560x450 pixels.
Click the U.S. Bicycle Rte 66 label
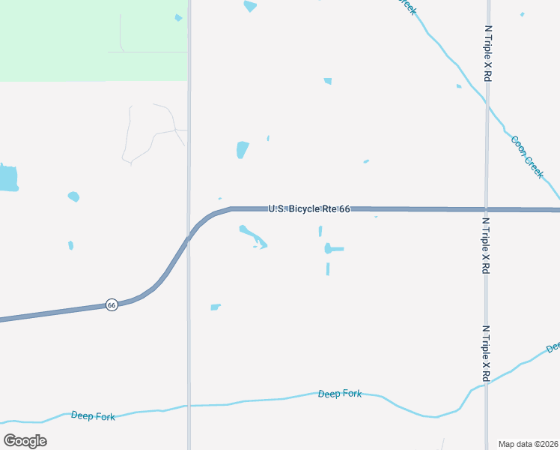tap(309, 208)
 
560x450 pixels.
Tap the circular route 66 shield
tap(112, 304)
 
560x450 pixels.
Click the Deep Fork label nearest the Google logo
tap(93, 415)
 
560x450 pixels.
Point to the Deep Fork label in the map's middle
tap(339, 393)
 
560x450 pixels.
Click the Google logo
tap(25, 441)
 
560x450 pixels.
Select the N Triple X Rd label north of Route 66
tap(487, 52)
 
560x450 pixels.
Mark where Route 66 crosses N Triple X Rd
tap(487, 209)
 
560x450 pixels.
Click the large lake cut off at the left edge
tap(7, 178)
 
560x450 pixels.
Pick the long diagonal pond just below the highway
tap(251, 235)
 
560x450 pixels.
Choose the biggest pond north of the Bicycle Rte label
tap(242, 149)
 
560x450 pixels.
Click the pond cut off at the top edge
tap(249, 6)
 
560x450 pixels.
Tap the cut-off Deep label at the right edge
tap(553, 347)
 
